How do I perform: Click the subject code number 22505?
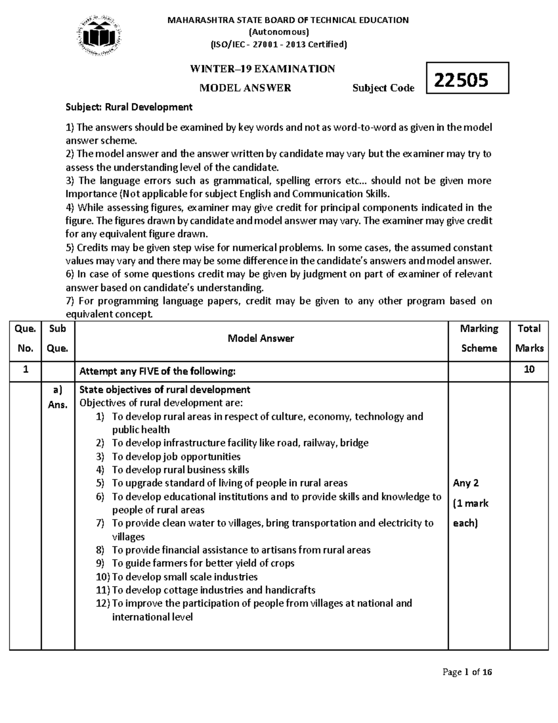(x=461, y=80)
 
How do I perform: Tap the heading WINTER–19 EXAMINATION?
(x=262, y=69)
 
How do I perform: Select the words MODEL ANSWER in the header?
(x=245, y=88)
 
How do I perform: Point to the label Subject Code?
(x=383, y=88)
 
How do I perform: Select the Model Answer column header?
(x=260, y=338)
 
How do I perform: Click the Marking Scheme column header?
(x=478, y=338)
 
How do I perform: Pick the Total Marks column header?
(x=529, y=338)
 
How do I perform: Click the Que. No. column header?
(x=25, y=338)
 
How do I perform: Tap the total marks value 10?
(x=529, y=370)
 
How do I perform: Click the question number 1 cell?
(x=25, y=370)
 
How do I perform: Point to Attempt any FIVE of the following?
(x=158, y=372)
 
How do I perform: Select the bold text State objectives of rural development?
(x=165, y=390)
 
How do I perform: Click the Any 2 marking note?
(x=465, y=483)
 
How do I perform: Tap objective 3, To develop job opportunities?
(x=176, y=457)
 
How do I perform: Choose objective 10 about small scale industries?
(x=184, y=577)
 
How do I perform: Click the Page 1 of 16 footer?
(x=467, y=672)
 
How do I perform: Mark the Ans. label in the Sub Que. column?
(x=58, y=405)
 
